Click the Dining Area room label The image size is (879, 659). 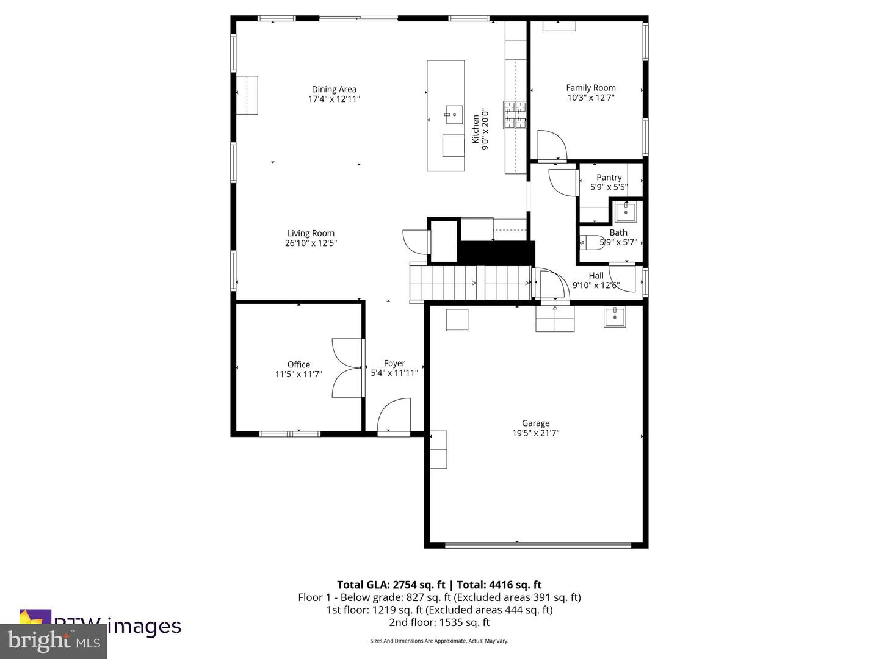(334, 89)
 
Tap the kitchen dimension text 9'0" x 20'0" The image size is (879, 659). (486, 129)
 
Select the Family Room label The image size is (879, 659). (590, 88)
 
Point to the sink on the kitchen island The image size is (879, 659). (453, 113)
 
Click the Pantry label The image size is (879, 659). (609, 178)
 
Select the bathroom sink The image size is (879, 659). (626, 212)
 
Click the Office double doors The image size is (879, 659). (346, 368)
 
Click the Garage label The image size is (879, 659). (535, 423)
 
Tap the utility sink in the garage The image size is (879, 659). (615, 317)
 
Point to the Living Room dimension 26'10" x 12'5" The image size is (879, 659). (311, 243)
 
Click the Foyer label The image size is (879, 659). (394, 363)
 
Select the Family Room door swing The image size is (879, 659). (552, 145)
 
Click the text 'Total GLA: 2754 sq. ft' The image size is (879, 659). (391, 585)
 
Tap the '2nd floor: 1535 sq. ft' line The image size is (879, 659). (439, 622)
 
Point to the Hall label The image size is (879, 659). (596, 276)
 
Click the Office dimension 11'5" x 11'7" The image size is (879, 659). (298, 374)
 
